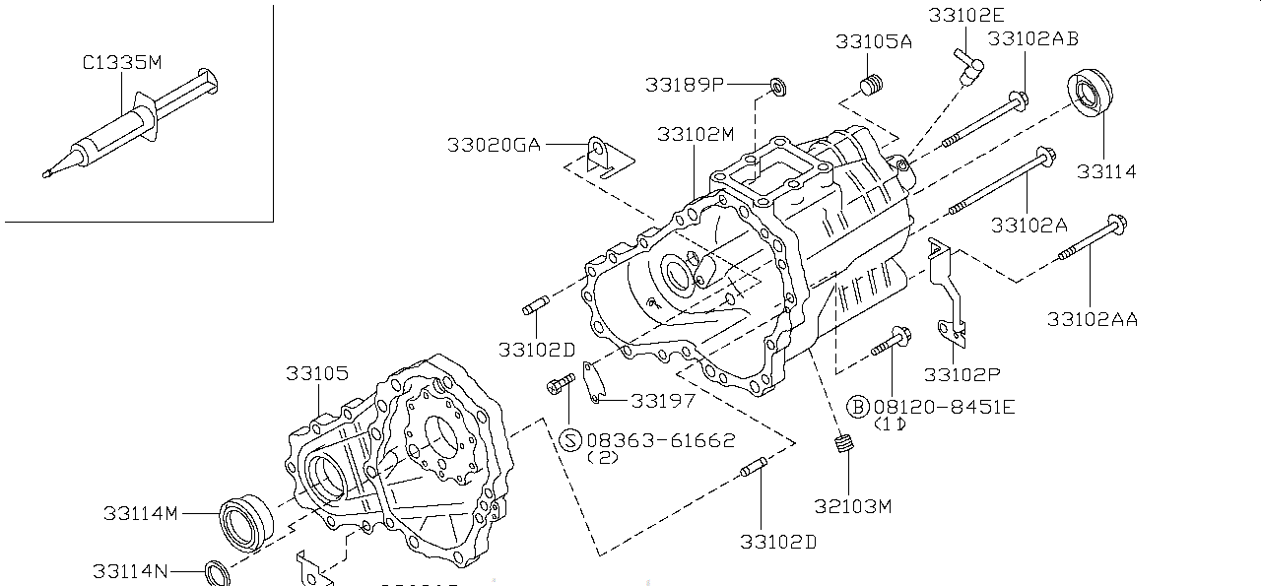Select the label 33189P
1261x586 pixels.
coord(685,86)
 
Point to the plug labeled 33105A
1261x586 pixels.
coord(869,87)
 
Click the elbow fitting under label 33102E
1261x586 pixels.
coord(969,68)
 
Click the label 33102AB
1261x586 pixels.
coord(1032,38)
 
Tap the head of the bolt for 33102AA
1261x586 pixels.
coord(1117,225)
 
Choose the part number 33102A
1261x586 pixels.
coord(1029,225)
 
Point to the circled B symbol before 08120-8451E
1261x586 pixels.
coord(858,406)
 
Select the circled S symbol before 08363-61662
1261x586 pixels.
coord(569,439)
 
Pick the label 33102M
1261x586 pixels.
coord(696,134)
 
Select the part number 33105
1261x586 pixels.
coord(317,374)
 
